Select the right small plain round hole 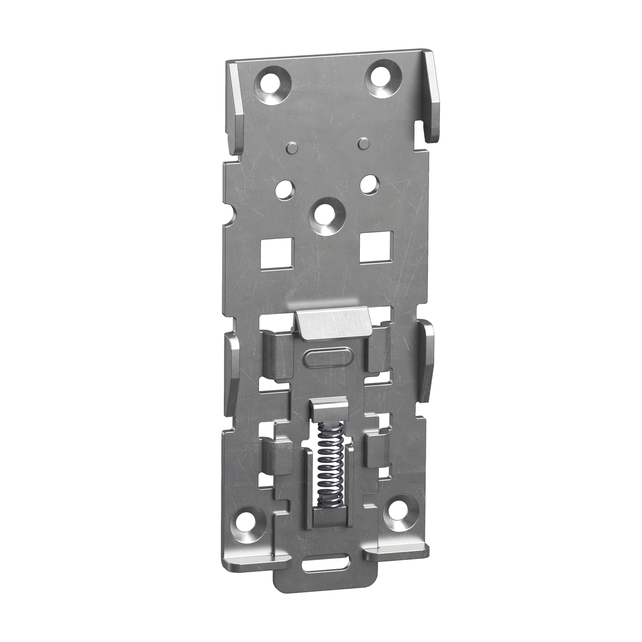tap(368, 183)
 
